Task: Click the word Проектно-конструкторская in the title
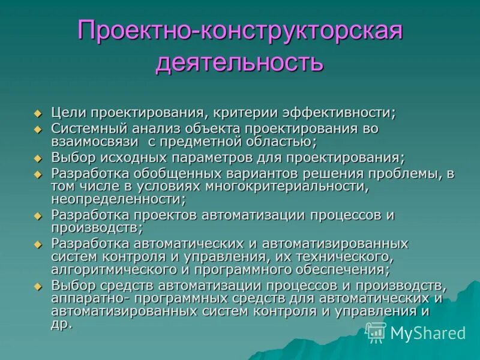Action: coord(239,31)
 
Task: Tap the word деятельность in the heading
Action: coord(239,62)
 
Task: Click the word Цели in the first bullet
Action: coord(66,112)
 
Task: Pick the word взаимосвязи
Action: coord(90,142)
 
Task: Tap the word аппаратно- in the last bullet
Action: coord(82,298)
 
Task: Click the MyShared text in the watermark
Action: coord(428,333)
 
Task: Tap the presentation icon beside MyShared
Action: coord(376,332)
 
